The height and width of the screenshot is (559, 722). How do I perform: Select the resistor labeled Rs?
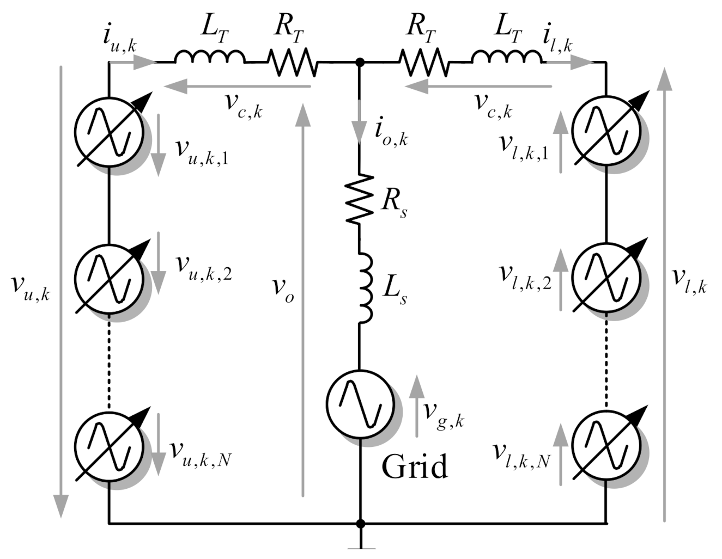360,199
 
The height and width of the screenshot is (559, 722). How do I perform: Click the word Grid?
415,466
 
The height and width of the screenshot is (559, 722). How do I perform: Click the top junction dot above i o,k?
360,62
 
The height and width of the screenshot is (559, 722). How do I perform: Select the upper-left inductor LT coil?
210,57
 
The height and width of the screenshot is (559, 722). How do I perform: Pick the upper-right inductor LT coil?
507,57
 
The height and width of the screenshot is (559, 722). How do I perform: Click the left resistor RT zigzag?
292,62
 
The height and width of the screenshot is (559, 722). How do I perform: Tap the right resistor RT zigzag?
425,62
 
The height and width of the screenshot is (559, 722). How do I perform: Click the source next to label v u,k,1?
110,133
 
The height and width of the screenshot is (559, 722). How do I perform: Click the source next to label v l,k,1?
605,133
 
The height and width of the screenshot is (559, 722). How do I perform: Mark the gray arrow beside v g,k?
417,406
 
